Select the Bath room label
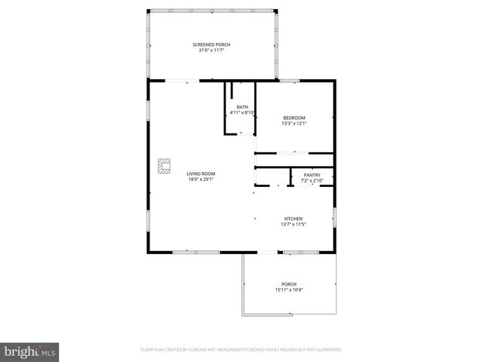coord(242,107)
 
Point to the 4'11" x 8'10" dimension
coord(242,113)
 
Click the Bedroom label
coord(294,117)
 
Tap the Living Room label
coord(202,174)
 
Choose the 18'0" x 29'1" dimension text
coord(202,179)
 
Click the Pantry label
coord(312,175)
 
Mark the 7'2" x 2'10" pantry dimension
coord(312,180)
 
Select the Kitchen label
coord(294,219)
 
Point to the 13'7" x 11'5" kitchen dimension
coord(294,224)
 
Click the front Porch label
coord(289,284)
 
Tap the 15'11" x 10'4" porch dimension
coord(289,290)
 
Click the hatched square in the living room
coord(164,165)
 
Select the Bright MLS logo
coord(30,351)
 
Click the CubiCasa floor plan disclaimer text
coord(241,350)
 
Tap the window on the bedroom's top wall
coord(290,81)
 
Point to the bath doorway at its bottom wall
coord(242,134)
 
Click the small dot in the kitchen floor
coord(257,218)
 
